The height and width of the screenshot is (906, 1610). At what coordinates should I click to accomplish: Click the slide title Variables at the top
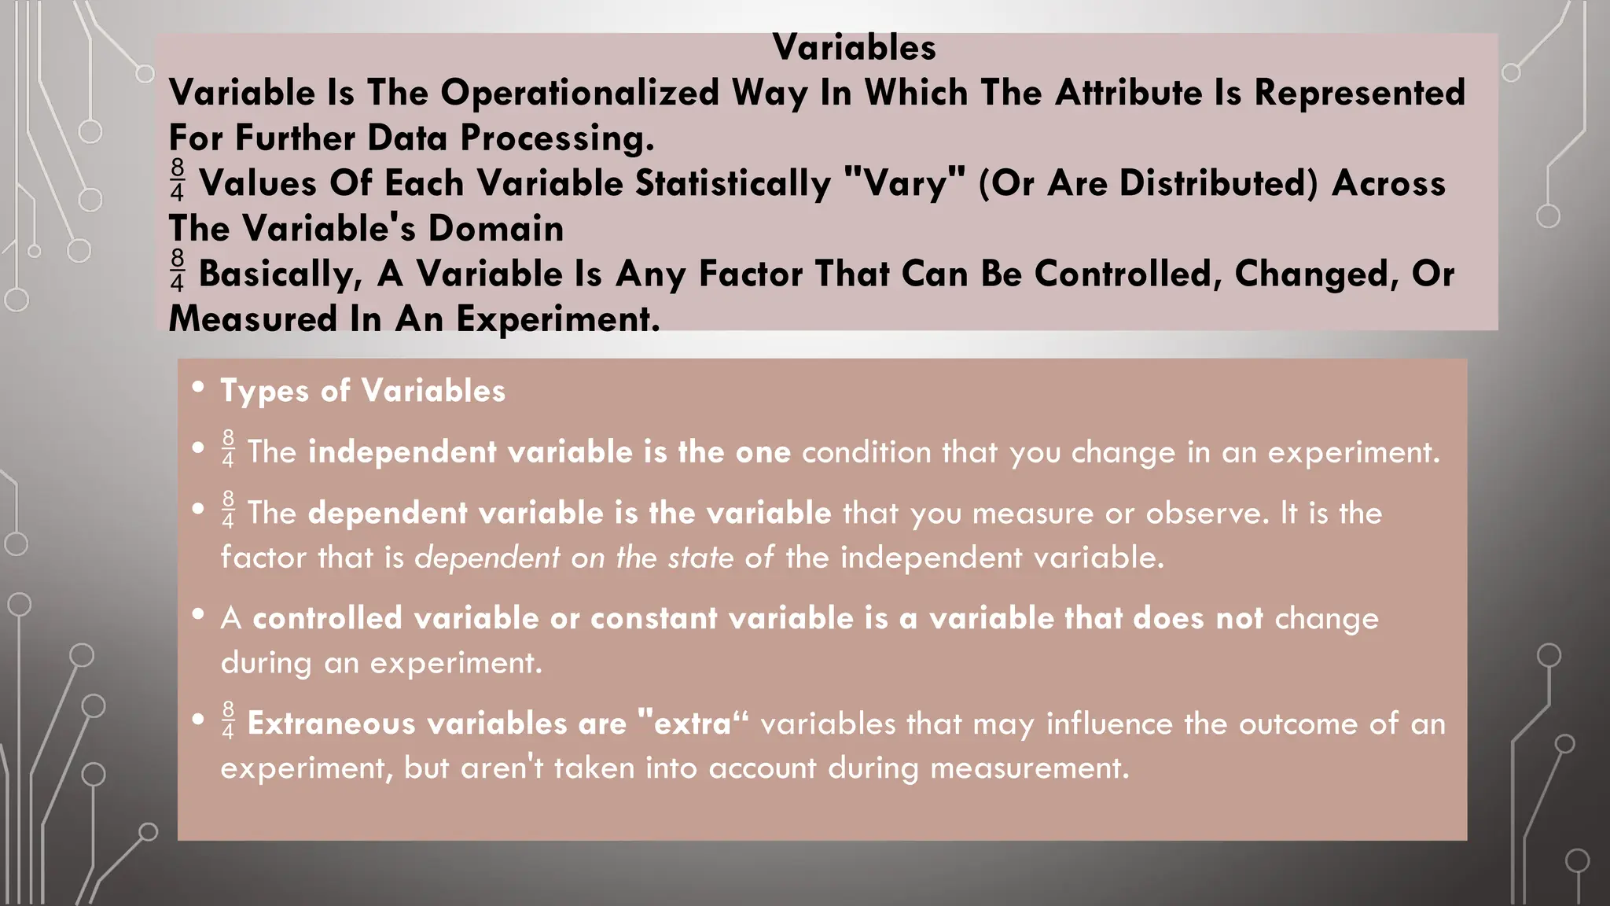854,48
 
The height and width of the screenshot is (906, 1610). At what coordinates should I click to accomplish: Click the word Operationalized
579,93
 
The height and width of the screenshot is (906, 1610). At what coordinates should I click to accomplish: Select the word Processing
557,138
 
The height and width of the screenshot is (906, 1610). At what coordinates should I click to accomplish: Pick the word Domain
495,229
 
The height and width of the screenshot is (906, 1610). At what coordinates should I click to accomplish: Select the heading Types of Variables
362,391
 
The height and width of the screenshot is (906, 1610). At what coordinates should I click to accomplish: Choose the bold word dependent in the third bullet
388,514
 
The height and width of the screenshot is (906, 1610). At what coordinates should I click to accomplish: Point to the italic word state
701,558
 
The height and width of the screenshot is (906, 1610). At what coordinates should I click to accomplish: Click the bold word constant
653,618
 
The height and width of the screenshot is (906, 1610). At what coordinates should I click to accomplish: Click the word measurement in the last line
1028,768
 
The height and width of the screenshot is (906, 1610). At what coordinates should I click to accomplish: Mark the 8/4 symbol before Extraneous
228,720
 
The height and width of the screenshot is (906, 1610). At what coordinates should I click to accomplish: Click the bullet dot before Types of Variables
198,387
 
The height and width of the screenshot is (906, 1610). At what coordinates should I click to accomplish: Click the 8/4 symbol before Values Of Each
177,179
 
